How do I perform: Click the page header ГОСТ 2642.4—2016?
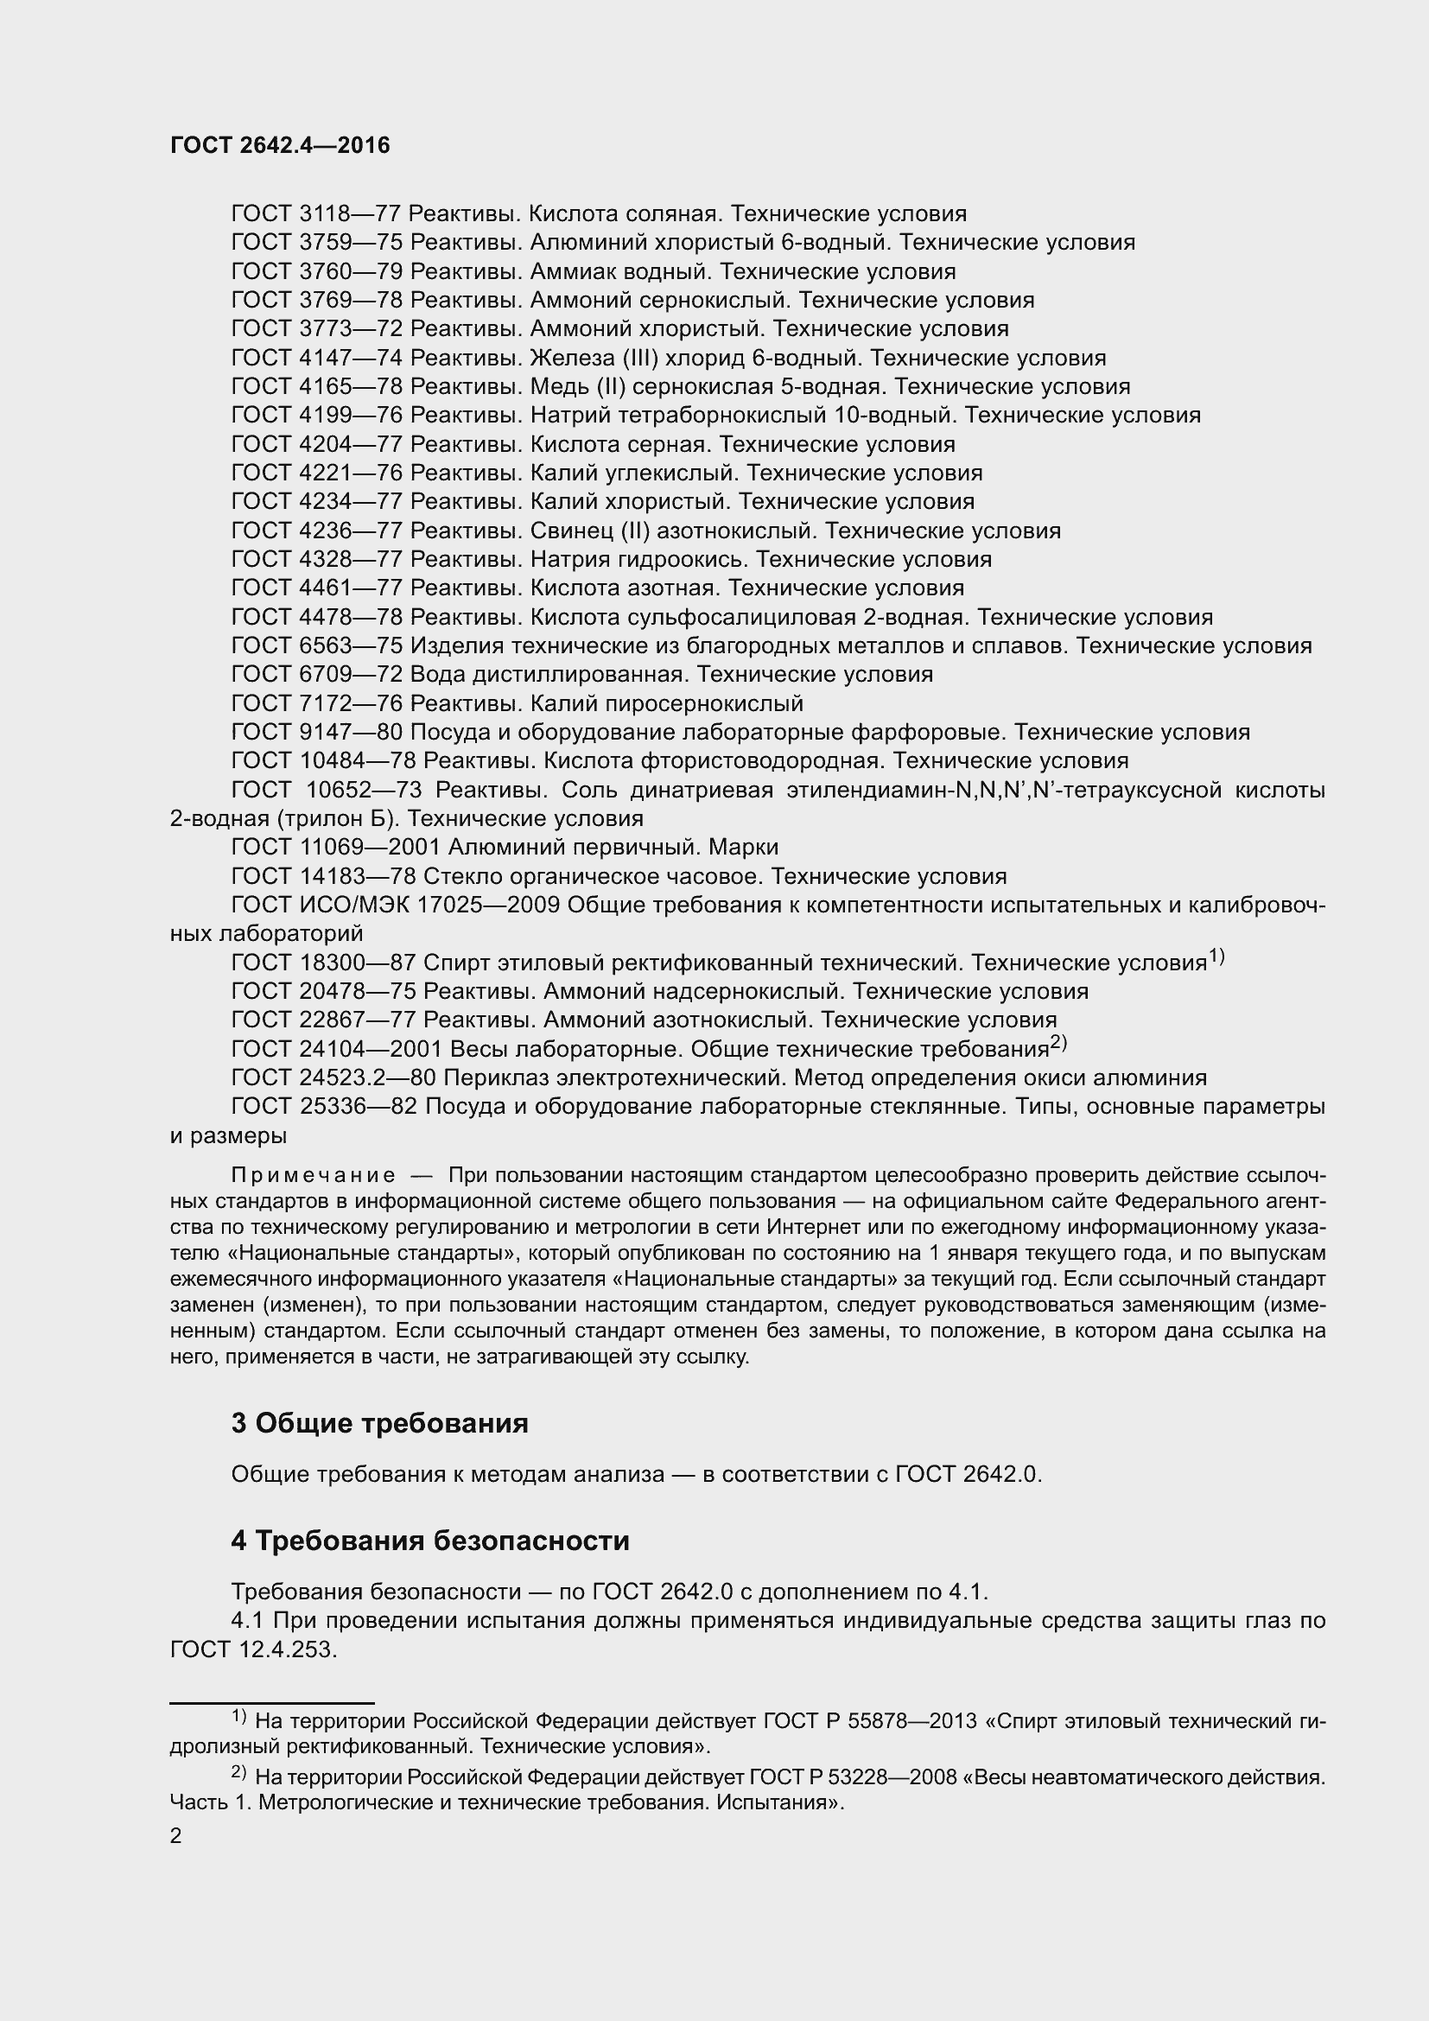(280, 146)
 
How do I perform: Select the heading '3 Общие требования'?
(379, 1423)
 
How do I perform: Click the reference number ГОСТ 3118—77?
(317, 214)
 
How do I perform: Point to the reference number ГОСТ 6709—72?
(317, 674)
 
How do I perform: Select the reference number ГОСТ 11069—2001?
(335, 847)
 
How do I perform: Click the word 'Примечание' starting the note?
(314, 1176)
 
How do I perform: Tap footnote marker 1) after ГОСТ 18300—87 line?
(1216, 956)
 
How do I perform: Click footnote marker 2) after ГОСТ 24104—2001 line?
(1057, 1042)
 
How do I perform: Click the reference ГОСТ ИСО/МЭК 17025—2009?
(395, 905)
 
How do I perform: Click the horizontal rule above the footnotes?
(272, 1703)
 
